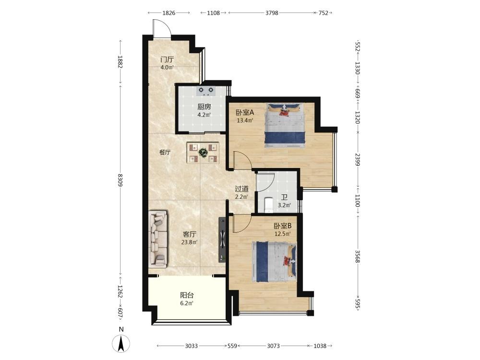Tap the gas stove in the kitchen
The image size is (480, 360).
tap(206, 90)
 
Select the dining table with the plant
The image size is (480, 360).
tap(203, 152)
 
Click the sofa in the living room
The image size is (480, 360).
tap(158, 238)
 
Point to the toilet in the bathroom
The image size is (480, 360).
tap(268, 205)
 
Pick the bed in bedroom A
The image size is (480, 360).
tap(285, 125)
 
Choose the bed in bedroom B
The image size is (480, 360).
tap(275, 262)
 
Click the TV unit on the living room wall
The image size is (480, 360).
tap(222, 240)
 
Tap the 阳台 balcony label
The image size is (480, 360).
tap(187, 295)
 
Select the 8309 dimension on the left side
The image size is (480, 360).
tap(120, 180)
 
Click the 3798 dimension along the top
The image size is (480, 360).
tap(272, 13)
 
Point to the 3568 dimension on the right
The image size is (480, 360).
tap(357, 256)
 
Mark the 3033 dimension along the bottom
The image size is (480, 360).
tap(192, 346)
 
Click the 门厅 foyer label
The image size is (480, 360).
tap(167, 60)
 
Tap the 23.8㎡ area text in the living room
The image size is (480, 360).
tap(189, 242)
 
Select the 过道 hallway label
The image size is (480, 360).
tap(241, 189)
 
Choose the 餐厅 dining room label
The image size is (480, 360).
tap(165, 152)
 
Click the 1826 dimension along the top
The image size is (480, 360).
tap(168, 13)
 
